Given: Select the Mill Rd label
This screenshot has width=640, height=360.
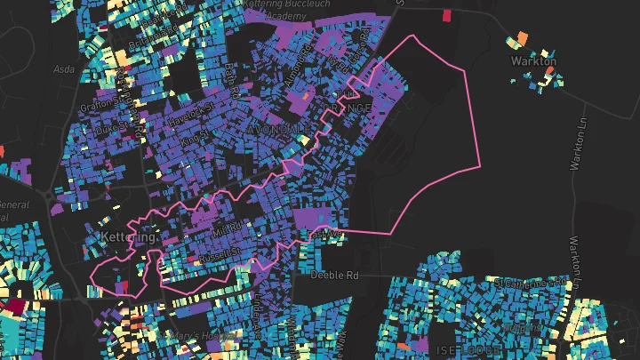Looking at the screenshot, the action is point(227,229).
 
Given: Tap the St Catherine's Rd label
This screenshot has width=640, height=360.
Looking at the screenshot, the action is point(531,282).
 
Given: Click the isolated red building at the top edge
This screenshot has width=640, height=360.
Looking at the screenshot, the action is point(445,15).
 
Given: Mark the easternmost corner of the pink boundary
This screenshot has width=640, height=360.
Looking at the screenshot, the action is point(480,165).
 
